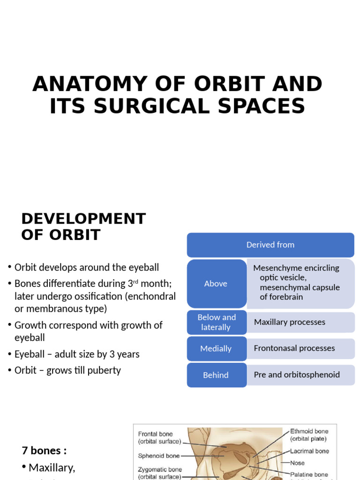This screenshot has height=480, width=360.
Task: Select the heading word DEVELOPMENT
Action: coord(83,218)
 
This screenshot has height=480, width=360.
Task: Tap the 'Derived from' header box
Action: coord(270,245)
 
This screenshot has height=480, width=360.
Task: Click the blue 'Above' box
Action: coord(216,284)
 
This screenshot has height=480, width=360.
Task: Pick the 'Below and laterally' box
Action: coord(216,322)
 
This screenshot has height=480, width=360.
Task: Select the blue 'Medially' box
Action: coord(216,348)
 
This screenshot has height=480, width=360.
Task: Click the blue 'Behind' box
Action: coord(216,375)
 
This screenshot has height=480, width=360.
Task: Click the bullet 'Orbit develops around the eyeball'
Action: coord(87,268)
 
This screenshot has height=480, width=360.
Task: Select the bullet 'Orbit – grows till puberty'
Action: coord(67,370)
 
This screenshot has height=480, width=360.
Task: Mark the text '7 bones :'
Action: coord(44,450)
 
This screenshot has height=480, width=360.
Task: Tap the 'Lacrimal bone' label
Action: coord(309,451)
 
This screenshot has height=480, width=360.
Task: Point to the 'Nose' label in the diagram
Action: coord(297,463)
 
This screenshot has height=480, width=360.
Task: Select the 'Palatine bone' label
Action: coord(309,474)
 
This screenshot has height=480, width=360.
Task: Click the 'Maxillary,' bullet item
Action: coord(52,467)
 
